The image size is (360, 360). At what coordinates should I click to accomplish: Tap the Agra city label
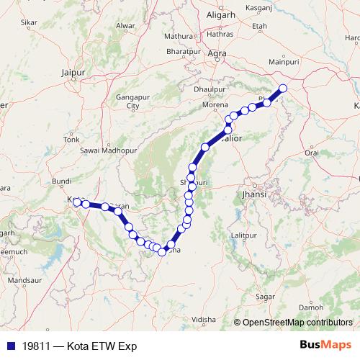tap(216, 54)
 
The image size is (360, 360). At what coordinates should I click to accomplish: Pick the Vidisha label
tap(204, 318)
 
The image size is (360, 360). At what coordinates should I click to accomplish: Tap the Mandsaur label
tap(25, 279)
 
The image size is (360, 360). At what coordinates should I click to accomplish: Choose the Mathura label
tap(179, 35)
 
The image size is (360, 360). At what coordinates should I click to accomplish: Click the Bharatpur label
tap(181, 53)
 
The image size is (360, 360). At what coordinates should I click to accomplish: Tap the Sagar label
tap(266, 296)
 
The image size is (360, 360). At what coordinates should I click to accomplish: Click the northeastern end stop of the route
tap(283, 89)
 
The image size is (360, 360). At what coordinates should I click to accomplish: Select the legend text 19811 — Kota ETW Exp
tap(75, 346)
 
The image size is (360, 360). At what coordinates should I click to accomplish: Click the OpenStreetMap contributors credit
tap(297, 323)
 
